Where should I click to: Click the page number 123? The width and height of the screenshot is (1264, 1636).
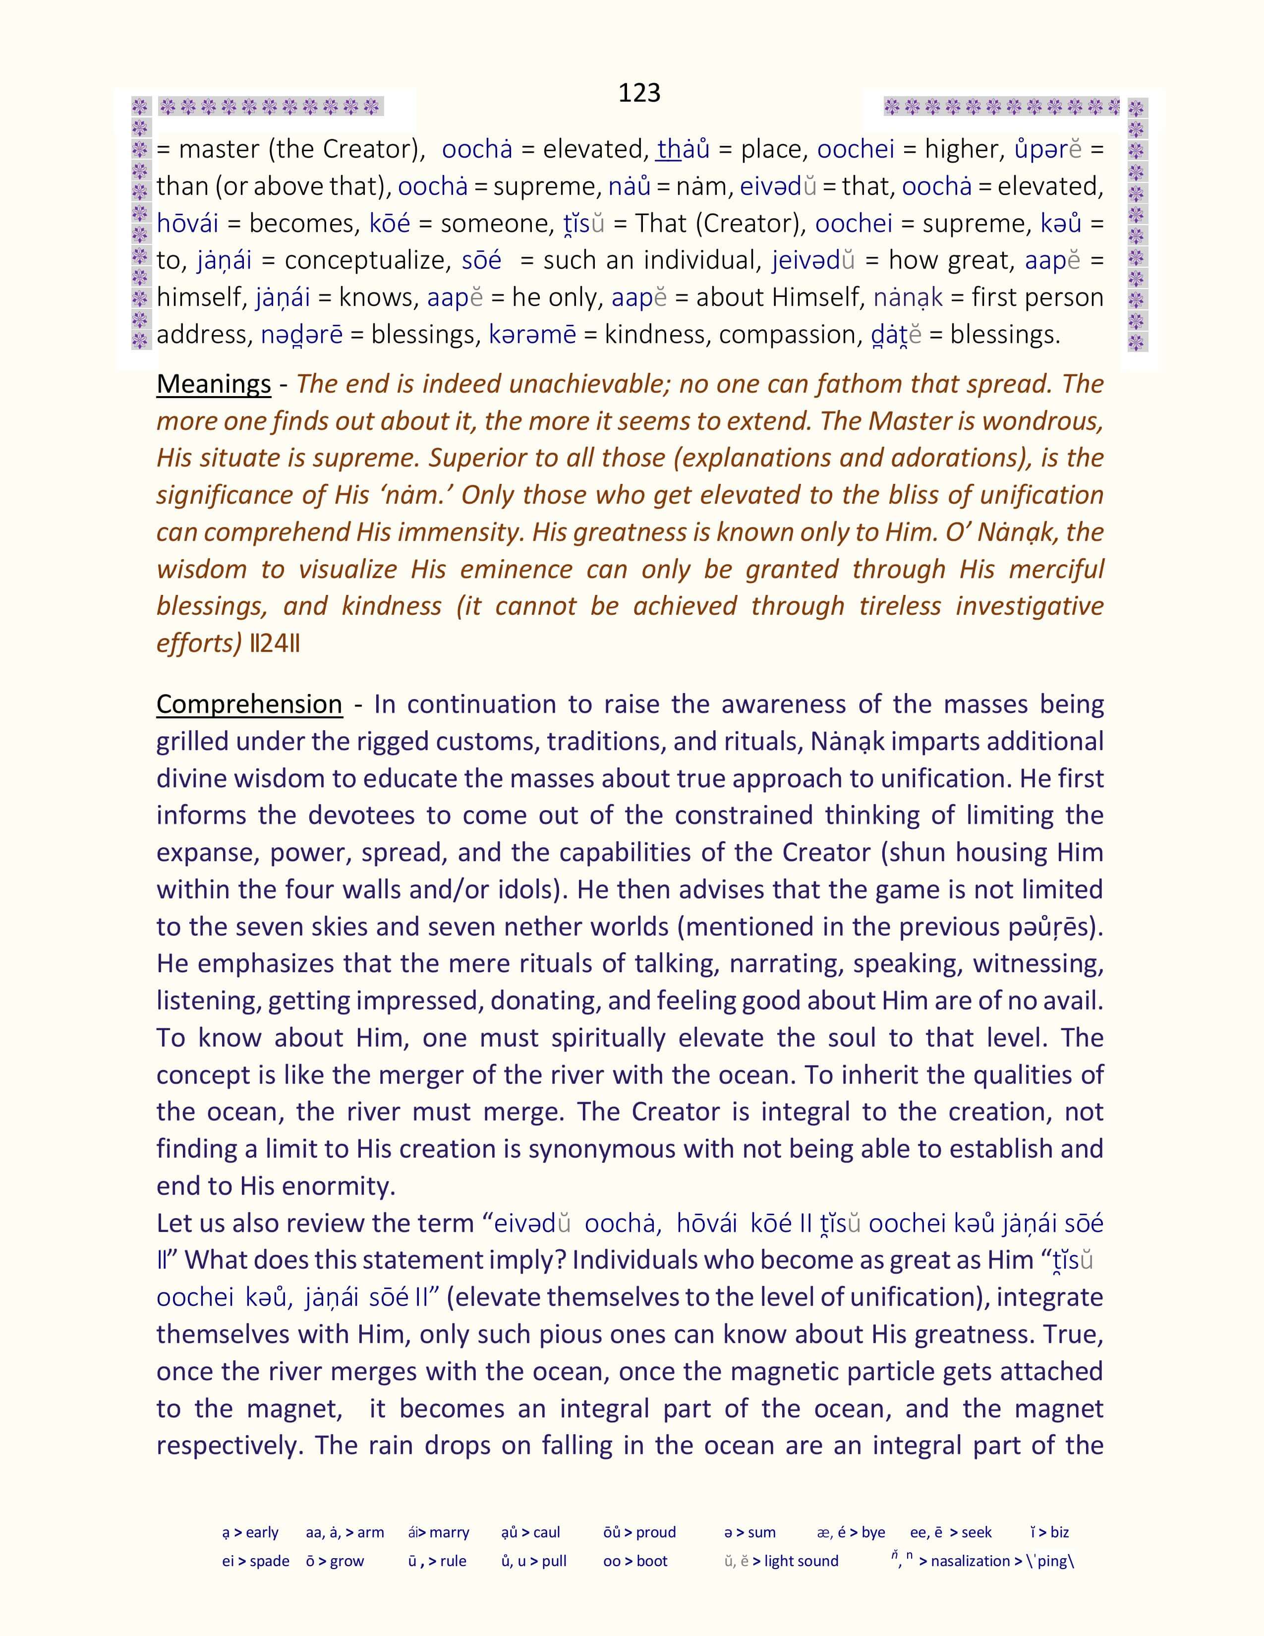tap(639, 92)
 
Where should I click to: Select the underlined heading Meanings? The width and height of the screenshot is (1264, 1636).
tap(214, 384)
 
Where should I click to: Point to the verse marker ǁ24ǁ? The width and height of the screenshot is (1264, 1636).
tap(275, 643)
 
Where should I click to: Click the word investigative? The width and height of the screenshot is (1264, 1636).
tap(1030, 605)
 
